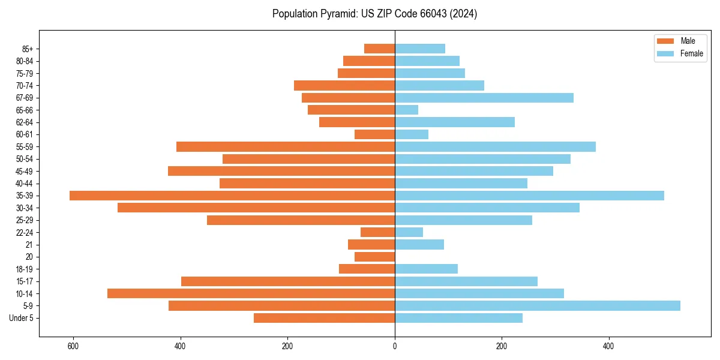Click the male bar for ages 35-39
point(232,196)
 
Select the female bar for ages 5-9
point(538,306)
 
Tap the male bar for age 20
point(374,257)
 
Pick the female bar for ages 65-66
point(407,110)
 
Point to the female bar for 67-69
point(484,98)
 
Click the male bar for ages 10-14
point(251,293)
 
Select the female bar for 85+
point(420,49)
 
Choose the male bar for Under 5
point(324,318)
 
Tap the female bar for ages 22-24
point(409,232)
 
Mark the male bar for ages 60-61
point(374,134)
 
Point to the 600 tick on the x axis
point(73,346)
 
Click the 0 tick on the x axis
point(395,346)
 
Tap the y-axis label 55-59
point(25,147)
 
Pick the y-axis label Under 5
point(22,318)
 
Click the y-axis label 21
point(29,245)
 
